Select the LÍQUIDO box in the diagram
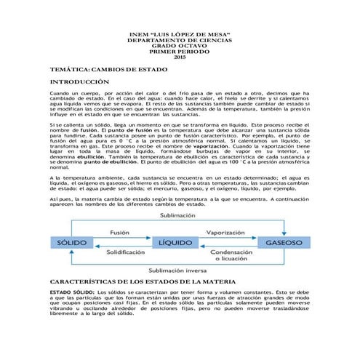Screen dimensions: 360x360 point(175,241)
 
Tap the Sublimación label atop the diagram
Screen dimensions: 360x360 point(177,216)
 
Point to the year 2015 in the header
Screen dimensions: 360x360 point(180,57)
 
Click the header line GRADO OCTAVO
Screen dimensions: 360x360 point(180,46)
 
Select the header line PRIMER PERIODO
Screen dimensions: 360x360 point(180,52)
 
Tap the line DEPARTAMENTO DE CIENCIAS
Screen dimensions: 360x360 point(180,40)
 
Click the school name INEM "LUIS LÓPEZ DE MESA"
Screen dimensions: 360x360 point(180,34)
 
